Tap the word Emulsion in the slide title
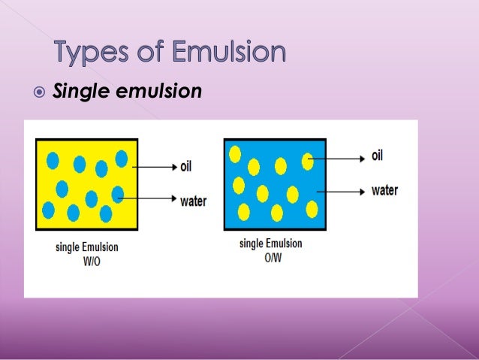[x=229, y=53]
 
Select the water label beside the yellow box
[x=193, y=201]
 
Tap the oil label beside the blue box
[x=378, y=156]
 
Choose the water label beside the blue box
[x=384, y=190]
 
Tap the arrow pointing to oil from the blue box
[x=338, y=158]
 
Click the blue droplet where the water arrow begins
[x=117, y=195]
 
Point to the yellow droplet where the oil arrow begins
[x=308, y=160]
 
